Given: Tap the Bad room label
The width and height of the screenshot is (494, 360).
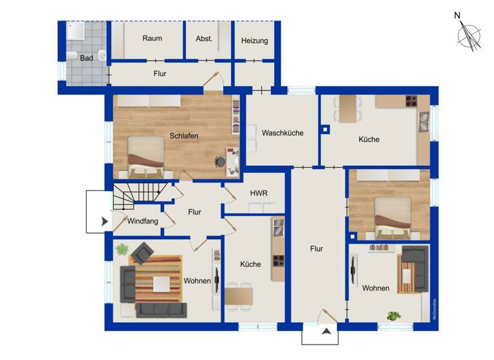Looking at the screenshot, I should (86, 58).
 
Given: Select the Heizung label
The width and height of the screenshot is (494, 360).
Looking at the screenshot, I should (254, 41).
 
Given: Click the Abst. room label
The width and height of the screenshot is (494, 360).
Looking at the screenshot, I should (204, 39).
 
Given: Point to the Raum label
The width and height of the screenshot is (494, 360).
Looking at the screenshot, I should (152, 39).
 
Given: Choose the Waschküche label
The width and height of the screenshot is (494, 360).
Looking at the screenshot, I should (282, 133).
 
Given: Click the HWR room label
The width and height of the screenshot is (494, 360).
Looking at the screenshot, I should (259, 193).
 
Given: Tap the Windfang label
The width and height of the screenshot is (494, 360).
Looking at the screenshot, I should (142, 222).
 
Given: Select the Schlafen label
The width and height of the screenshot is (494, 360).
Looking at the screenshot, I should (184, 136).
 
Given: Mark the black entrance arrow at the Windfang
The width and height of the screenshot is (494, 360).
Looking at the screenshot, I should (104, 222).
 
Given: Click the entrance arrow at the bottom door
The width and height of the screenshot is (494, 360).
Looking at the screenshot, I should (327, 332).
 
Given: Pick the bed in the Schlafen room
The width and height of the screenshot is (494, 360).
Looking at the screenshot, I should (145, 157).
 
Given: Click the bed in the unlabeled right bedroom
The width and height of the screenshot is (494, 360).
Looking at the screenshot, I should (392, 217).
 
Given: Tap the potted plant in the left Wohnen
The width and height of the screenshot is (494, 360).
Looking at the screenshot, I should (122, 248).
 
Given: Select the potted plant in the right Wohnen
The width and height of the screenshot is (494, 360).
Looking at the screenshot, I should (392, 316).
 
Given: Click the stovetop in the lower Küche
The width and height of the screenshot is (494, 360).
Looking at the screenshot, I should (277, 261).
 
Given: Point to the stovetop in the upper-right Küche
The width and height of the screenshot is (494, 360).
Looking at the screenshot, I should (410, 101).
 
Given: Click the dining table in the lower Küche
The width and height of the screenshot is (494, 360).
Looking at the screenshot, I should (239, 296).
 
